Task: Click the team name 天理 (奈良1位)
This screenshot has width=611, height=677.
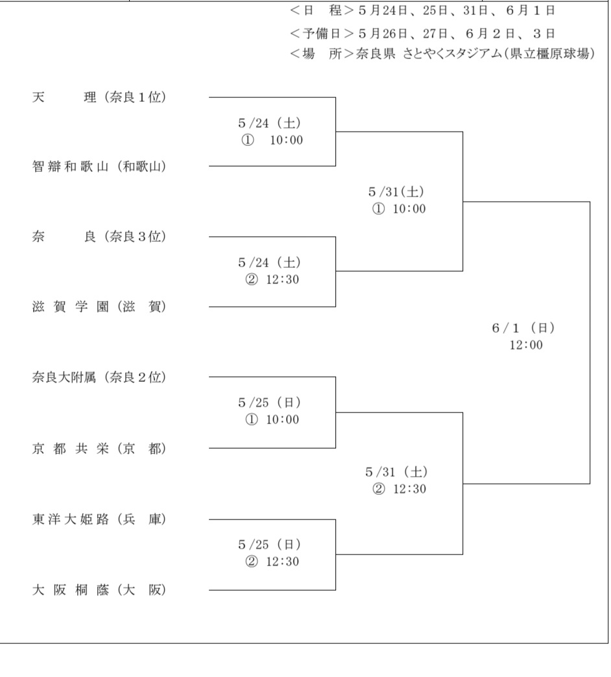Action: coord(99,98)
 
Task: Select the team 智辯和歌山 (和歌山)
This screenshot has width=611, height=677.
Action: coord(99,167)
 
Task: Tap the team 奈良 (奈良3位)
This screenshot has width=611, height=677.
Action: coord(99,237)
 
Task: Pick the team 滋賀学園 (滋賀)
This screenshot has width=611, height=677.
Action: coord(99,307)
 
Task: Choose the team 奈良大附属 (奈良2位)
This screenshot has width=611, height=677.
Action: coord(99,376)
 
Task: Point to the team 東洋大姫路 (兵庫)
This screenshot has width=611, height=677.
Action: coord(99,519)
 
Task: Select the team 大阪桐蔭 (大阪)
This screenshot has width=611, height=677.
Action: coord(99,590)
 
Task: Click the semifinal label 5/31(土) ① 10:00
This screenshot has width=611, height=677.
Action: coord(396,200)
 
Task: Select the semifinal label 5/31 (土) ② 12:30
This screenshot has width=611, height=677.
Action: coord(396,481)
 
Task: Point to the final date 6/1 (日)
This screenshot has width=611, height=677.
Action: coord(523,329)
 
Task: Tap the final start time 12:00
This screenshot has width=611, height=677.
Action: coord(526,346)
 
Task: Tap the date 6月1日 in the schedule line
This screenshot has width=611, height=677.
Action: coord(535,11)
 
